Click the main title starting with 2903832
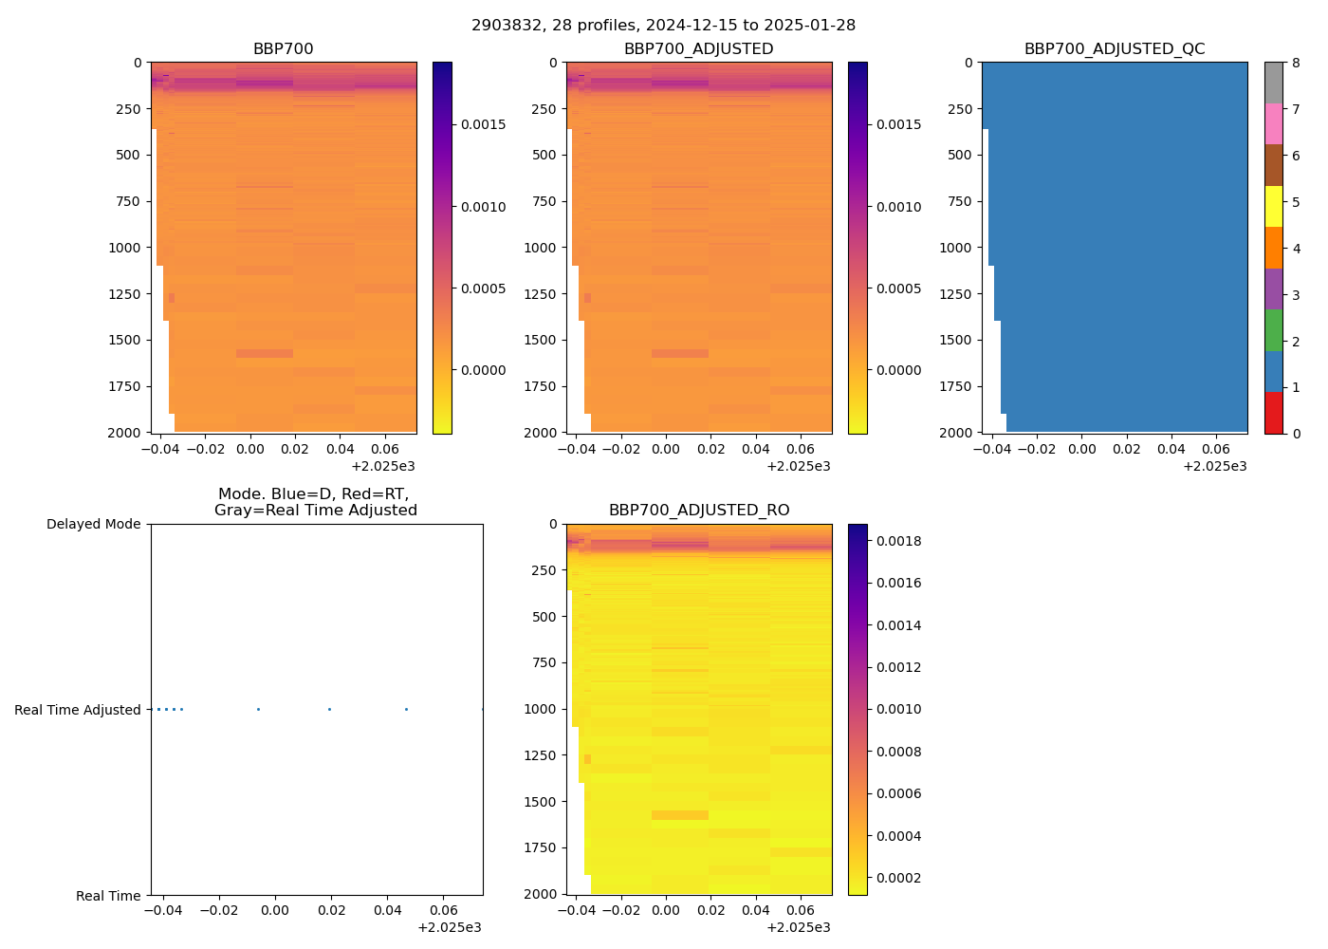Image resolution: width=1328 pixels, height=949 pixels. click(663, 26)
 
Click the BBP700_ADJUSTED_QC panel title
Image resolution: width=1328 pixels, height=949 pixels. click(1115, 49)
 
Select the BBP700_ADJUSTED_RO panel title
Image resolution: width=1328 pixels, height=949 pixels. click(699, 511)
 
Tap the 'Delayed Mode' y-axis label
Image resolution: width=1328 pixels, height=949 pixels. click(93, 524)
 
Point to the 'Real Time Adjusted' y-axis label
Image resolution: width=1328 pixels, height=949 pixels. click(78, 710)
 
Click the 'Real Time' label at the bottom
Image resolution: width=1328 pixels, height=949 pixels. click(108, 896)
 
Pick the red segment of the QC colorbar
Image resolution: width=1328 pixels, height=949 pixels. click(1273, 413)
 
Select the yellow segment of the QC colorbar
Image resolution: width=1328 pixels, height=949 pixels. click(1273, 207)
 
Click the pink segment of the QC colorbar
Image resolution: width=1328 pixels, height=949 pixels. click(1273, 124)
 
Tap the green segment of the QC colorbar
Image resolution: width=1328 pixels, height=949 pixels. click(1273, 330)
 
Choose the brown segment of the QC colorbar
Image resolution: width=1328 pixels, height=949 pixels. click(1273, 165)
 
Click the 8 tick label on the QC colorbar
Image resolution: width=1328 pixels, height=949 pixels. click(1296, 64)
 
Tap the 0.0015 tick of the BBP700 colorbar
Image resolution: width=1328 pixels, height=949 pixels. click(483, 125)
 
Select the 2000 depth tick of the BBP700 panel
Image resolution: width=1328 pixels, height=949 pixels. click(125, 433)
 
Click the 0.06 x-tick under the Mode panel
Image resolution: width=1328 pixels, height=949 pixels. click(444, 910)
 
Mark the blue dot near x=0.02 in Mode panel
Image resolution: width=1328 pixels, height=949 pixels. click(329, 710)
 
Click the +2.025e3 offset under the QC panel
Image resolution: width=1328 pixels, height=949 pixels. click(1214, 466)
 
